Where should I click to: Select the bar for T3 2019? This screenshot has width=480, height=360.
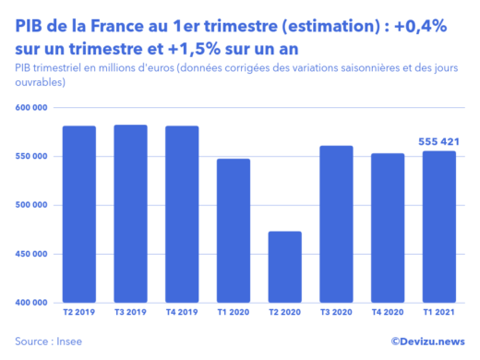point(131,213)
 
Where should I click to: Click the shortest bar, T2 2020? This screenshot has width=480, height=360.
point(285,267)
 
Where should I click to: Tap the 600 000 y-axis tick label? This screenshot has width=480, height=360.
point(31,108)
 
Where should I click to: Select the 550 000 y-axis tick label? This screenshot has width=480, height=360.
point(31,157)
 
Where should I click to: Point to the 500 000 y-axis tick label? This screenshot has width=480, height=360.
point(31,205)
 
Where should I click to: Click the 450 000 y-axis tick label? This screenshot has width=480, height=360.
point(31,254)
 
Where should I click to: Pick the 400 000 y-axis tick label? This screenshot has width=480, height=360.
point(31,302)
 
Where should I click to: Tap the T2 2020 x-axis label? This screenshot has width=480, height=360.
point(285,314)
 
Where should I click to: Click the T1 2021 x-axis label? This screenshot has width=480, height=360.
point(440,314)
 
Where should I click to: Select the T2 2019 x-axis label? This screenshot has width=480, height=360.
point(79,314)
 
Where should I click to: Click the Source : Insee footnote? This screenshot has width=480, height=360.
point(48,341)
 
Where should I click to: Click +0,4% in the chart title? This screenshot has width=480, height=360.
point(417,27)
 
